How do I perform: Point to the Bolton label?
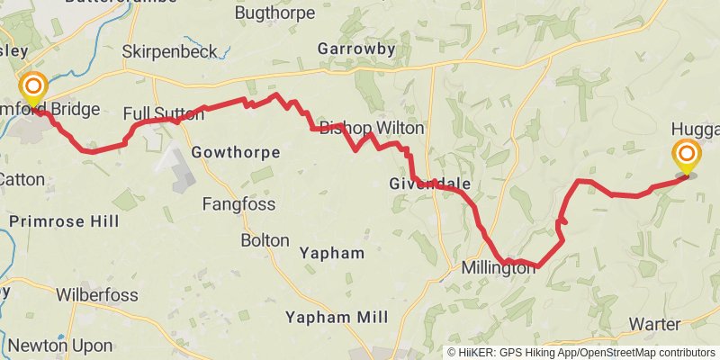tap(265, 240)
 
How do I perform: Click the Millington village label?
tap(498, 268)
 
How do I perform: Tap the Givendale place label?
tap(431, 184)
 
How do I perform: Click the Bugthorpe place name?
tap(274, 13)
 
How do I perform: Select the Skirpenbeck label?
tap(169, 51)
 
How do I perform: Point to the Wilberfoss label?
tap(97, 294)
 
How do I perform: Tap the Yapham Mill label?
tap(336, 317)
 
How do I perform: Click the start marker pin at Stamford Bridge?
tap(34, 88)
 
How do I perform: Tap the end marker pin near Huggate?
tap(687, 155)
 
